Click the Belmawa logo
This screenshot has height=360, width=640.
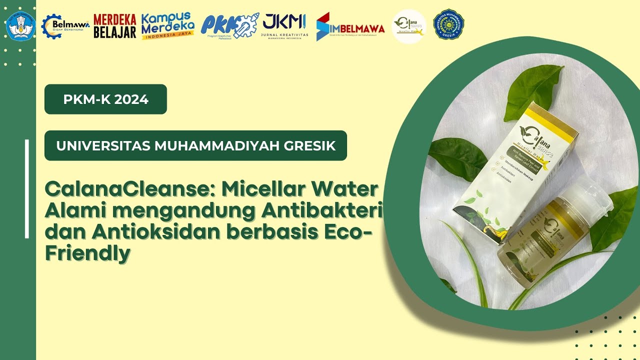pos(65,25)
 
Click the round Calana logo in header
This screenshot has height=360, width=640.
pos(408,26)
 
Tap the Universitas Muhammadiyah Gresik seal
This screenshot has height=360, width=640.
pos(448,24)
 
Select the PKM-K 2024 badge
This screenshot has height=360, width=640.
pos(105,99)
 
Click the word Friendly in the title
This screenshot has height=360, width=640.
pos(87,253)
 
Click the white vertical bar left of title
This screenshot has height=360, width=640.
pos(27,189)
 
